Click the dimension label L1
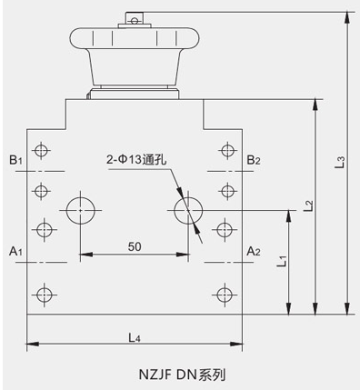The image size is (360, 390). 283,261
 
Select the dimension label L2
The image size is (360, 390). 309,205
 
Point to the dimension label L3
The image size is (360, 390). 341,162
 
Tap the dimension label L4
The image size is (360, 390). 135,337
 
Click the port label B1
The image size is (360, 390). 15,160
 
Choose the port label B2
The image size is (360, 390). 254,160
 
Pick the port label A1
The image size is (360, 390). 15,251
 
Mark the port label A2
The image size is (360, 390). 254,251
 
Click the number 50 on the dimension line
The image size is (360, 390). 135,246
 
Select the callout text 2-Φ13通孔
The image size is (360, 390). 136,159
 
